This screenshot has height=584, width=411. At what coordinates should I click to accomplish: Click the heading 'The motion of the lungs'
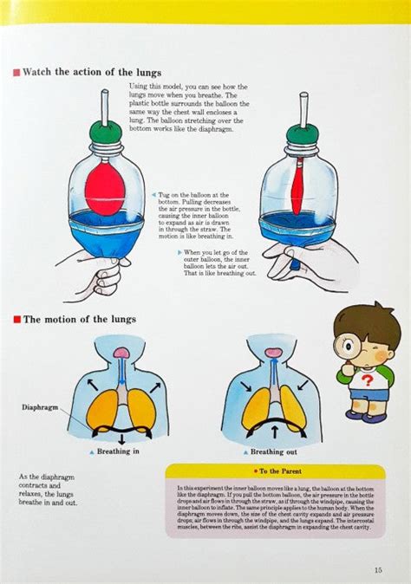(79, 319)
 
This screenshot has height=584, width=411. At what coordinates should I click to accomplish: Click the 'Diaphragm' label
(40, 406)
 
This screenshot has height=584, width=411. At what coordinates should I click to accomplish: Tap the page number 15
(377, 569)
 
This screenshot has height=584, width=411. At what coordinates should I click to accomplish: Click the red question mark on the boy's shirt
(367, 380)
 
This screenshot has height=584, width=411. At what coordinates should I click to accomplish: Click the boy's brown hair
(367, 321)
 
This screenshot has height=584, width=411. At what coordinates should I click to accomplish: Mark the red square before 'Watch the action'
(16, 73)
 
